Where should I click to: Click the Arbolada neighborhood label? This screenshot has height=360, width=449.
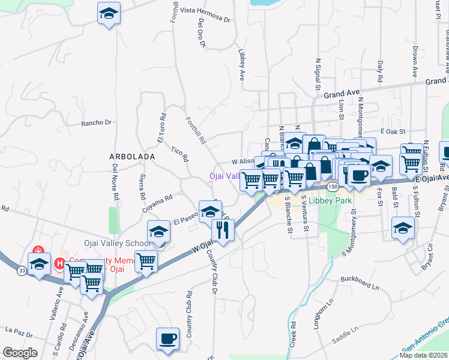(133, 156)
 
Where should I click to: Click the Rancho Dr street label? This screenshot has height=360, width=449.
(97, 122)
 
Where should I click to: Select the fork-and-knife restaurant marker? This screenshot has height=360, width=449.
(223, 229)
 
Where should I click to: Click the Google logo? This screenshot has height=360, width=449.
(20, 353)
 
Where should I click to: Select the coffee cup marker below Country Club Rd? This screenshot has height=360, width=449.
(167, 338)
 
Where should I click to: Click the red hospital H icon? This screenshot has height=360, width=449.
(60, 263)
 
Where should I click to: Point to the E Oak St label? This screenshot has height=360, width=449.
(393, 131)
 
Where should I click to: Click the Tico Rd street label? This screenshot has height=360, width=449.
(180, 154)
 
